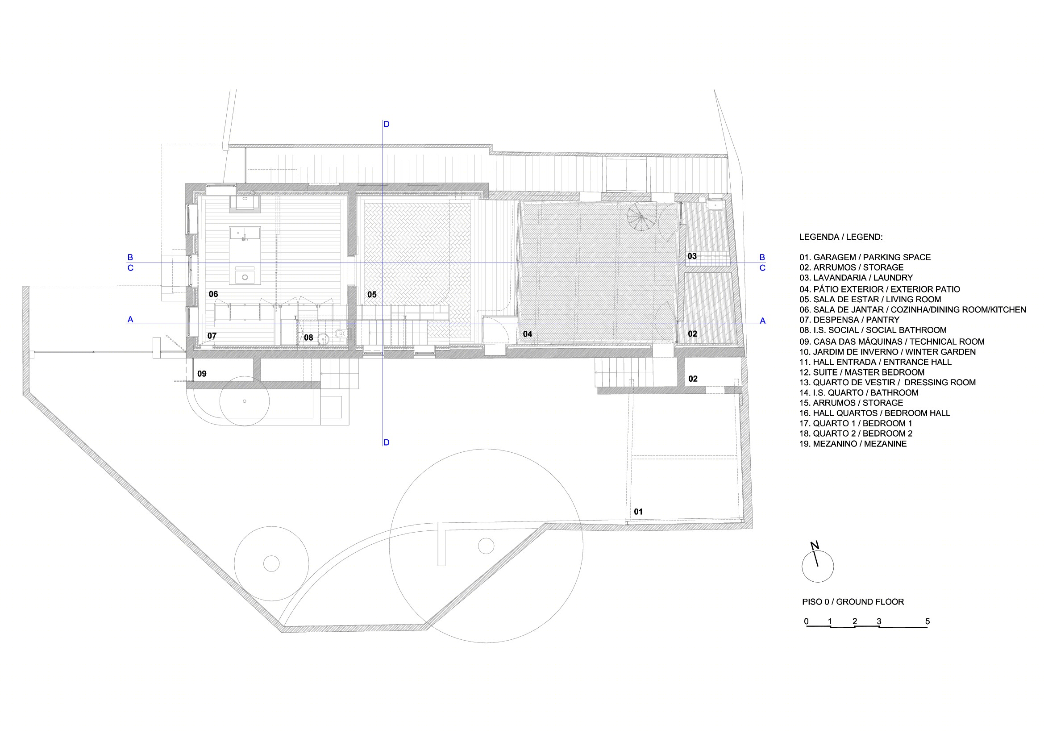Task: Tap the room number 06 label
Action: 213,294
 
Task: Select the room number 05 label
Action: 372,295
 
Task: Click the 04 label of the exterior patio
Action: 528,334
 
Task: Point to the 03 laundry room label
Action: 692,256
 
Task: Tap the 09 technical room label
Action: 202,374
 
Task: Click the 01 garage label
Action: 638,512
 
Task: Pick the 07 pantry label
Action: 212,336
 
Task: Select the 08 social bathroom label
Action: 308,338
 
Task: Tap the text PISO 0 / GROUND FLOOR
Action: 853,601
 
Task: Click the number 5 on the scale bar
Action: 928,621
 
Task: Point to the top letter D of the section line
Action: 387,124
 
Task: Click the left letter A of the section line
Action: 130,319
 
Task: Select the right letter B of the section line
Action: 762,257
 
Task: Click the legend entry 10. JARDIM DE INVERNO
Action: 888,351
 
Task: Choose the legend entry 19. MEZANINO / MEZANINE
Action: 853,443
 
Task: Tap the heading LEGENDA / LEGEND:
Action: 841,237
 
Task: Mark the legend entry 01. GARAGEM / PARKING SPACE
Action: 865,257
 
